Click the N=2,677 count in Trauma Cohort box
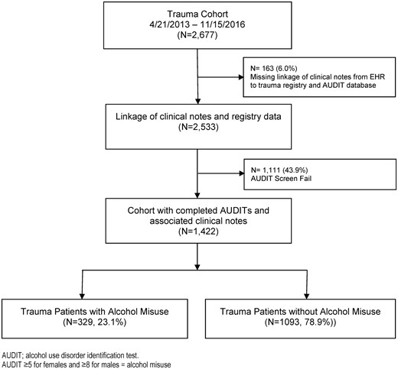[197, 35]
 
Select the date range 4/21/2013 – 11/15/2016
[197, 24]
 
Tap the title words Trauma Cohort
[197, 14]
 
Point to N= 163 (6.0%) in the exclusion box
[274, 68]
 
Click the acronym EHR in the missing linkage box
[377, 76]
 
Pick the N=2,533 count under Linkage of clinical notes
[198, 127]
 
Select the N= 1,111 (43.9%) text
[279, 170]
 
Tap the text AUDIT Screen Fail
[281, 178]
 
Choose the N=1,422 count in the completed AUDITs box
[198, 231]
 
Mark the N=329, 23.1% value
[95, 322]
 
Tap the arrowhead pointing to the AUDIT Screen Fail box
[241, 173]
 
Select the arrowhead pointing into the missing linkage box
[241, 77]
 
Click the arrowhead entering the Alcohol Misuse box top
[82, 296]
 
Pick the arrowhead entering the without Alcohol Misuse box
[307, 296]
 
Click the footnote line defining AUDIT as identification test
[70, 355]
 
